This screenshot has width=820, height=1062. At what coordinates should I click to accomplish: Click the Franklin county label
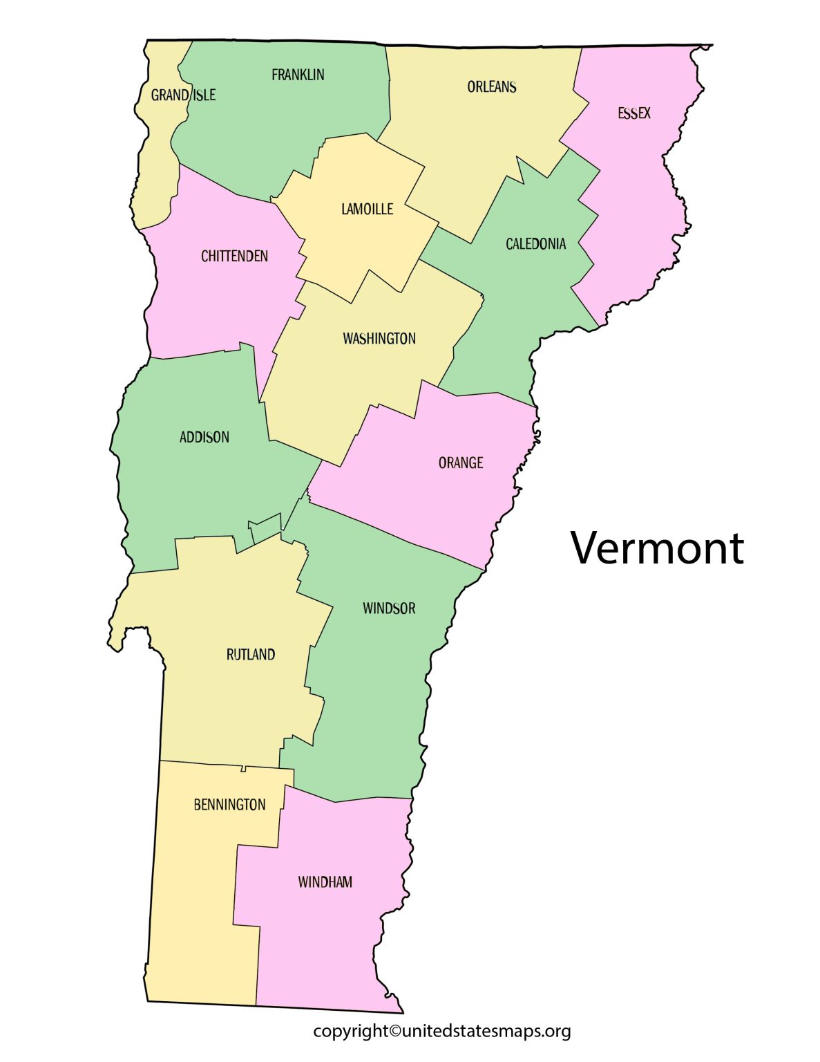[298, 75]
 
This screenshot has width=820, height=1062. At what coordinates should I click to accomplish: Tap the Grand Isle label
[183, 95]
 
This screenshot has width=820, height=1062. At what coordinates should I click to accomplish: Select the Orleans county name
[491, 86]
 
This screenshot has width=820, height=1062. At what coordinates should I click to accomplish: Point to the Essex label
[633, 113]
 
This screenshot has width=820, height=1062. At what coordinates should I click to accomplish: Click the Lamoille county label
[367, 209]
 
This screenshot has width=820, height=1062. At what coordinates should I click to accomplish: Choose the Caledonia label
[535, 243]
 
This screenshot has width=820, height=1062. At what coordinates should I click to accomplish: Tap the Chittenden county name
[234, 256]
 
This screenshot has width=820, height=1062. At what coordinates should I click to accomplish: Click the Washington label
[379, 338]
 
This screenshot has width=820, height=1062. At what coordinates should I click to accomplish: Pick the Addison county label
[204, 437]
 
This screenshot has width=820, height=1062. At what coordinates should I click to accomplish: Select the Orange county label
[460, 463]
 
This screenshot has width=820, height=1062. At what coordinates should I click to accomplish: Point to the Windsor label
[389, 608]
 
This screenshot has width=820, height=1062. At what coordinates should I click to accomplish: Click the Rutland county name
[250, 654]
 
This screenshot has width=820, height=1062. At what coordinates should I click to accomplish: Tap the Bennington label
[229, 804]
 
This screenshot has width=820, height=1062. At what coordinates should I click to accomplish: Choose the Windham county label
[325, 882]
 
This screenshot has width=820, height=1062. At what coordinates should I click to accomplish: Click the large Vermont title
[657, 548]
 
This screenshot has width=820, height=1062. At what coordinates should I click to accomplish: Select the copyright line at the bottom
[441, 1031]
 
